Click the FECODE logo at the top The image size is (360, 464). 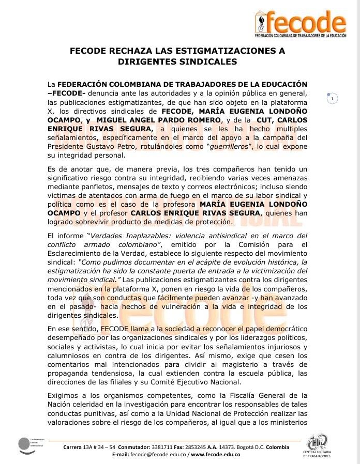300,25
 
